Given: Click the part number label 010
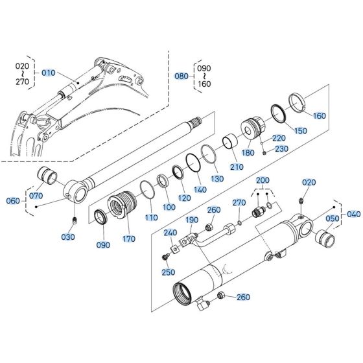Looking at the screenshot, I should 49,73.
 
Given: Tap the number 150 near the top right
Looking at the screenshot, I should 301,131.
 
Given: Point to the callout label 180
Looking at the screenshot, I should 248,153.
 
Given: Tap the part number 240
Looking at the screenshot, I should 170,233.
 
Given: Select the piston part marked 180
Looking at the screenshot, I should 251,128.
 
